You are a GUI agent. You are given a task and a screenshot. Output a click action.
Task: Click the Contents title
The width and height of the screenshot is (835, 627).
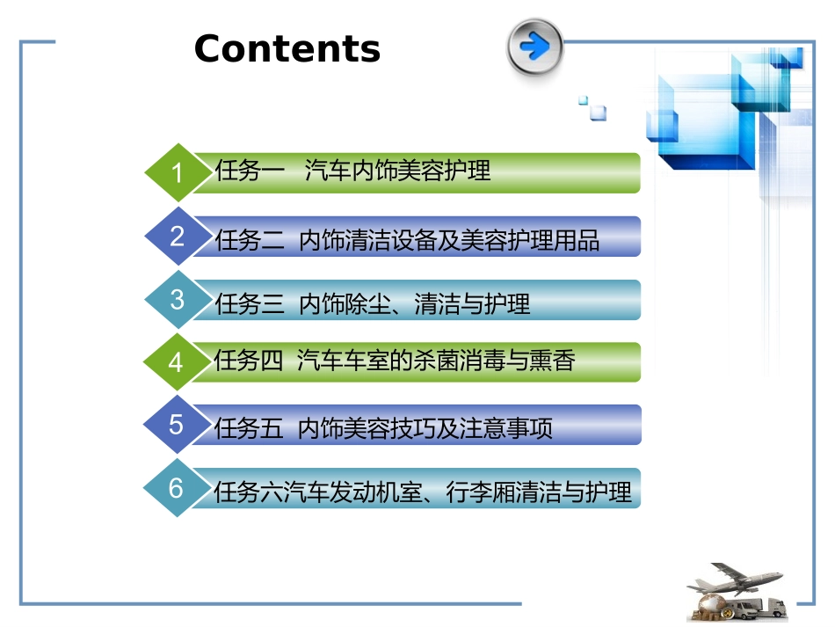coord(287,48)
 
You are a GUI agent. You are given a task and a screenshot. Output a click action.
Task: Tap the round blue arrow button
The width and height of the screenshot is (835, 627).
coord(534,46)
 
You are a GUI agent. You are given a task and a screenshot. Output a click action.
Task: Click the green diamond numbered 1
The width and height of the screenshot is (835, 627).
coord(178,172)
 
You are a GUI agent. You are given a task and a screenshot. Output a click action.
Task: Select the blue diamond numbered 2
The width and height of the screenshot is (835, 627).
coord(178,236)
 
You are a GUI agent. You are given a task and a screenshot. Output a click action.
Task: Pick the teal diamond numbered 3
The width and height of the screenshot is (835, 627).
coord(178,299)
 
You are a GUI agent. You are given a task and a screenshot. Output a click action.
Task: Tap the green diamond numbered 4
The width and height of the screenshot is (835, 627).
coord(177,362)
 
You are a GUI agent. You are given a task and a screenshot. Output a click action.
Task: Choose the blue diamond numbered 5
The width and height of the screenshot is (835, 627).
coord(177,425)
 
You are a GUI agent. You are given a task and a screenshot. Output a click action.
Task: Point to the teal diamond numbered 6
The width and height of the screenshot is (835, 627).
coord(177,487)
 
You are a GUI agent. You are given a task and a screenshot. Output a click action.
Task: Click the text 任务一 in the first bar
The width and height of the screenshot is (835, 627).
coord(250,171)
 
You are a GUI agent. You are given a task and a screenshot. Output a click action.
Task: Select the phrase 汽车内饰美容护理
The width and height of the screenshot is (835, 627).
coord(397,171)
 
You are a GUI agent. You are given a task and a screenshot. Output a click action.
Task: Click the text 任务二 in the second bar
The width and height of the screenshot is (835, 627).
coord(250,240)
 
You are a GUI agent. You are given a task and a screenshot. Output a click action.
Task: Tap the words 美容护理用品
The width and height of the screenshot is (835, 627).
coord(530,240)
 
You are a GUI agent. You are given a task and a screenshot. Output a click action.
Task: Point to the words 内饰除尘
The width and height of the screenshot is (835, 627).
coord(345,304)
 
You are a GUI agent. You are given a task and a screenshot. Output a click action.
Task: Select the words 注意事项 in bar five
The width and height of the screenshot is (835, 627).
coord(505,428)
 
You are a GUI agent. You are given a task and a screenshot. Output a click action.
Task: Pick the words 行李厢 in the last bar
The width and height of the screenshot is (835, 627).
coord(481,492)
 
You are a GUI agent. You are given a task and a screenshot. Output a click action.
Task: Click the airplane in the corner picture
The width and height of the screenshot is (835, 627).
coord(735,579)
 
